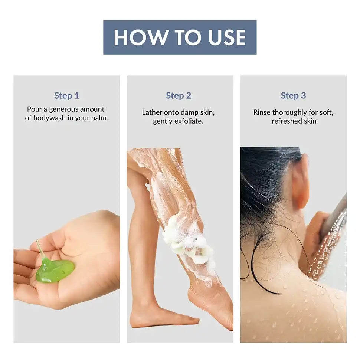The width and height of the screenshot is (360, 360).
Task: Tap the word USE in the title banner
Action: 227,37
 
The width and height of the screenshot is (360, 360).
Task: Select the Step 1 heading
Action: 66,95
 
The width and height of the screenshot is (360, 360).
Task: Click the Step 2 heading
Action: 179,95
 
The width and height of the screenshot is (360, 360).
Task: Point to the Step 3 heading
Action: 293,95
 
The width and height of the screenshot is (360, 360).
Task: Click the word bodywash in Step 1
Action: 49,118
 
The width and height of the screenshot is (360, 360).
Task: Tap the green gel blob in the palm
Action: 55,271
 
